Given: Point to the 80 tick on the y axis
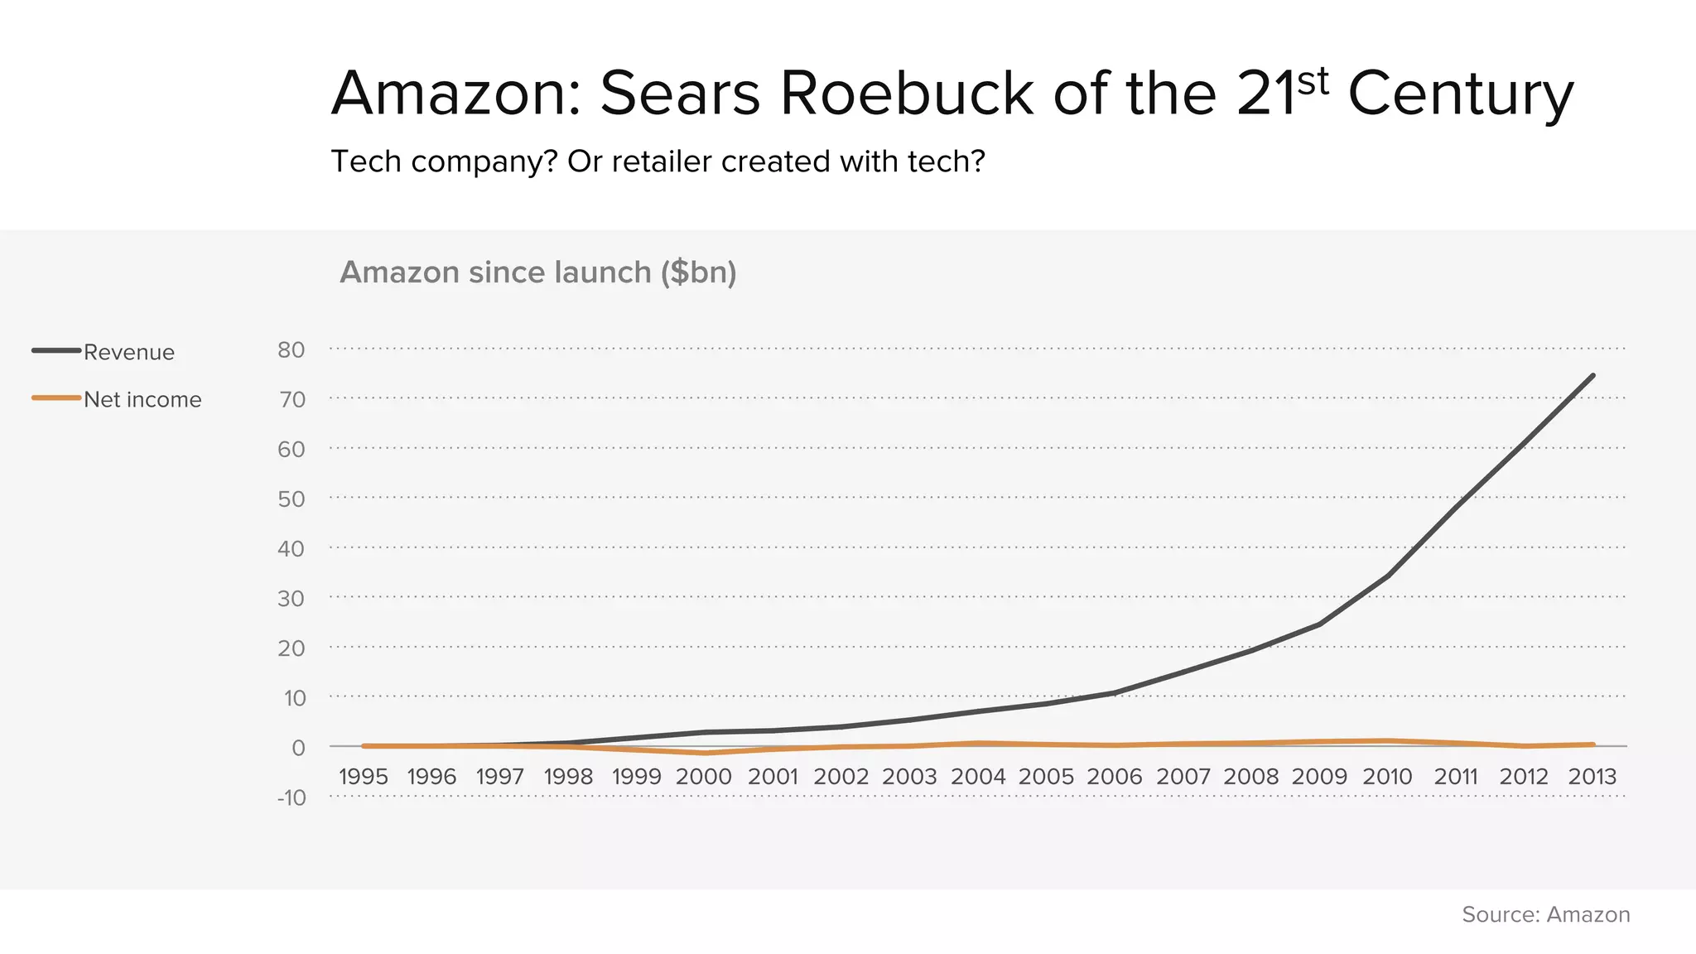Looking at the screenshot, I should click(291, 349).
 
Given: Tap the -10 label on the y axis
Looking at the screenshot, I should click(291, 797).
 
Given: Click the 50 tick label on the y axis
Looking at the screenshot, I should click(291, 499).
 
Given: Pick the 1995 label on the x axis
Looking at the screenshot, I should click(364, 777).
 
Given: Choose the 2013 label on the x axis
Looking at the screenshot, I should click(1592, 777).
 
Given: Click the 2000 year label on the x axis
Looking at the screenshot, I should click(704, 777).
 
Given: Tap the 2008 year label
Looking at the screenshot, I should click(1251, 777).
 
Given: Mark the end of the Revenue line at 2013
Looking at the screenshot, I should click(1592, 376).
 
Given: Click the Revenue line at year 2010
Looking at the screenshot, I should click(1387, 576).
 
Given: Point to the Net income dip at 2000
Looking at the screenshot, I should click(705, 753).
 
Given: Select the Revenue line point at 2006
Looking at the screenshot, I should click(1115, 693).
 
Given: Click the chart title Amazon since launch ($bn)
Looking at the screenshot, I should click(538, 272).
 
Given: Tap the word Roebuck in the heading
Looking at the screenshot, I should click(906, 93).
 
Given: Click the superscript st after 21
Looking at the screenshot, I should click(1313, 81).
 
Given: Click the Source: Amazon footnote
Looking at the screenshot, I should click(1545, 914).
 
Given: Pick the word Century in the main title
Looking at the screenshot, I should click(1461, 93).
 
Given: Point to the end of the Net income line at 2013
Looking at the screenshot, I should click(1592, 744).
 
